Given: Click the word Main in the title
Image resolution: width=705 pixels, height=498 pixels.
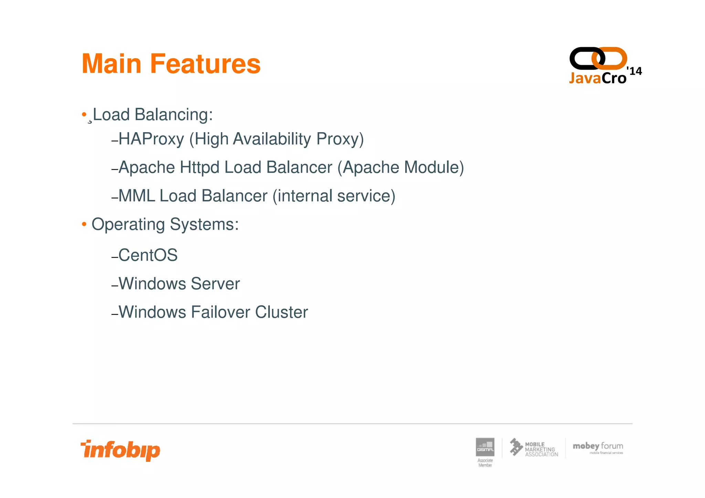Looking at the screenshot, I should [x=112, y=64].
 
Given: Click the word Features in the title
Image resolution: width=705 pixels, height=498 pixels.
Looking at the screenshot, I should [x=205, y=64].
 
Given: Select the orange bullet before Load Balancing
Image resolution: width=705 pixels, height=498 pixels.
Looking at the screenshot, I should [x=84, y=114].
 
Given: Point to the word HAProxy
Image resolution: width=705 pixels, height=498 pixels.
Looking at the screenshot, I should [x=151, y=139].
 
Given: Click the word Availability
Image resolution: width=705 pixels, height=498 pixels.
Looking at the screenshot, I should [x=272, y=139].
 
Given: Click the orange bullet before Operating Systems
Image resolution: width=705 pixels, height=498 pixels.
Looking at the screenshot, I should [x=84, y=224].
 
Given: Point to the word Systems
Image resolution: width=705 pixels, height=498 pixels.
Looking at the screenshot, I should [x=204, y=224].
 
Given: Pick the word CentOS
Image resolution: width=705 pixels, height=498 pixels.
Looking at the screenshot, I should [x=148, y=255].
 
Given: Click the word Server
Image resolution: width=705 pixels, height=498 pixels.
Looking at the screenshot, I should [x=215, y=284].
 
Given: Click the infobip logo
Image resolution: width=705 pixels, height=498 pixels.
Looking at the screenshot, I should [x=120, y=450].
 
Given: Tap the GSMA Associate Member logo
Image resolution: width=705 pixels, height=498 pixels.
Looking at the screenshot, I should [x=485, y=451].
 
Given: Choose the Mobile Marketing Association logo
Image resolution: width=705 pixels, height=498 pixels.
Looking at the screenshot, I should [x=534, y=448].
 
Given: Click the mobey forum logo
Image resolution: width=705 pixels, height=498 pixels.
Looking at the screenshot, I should [x=598, y=448].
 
